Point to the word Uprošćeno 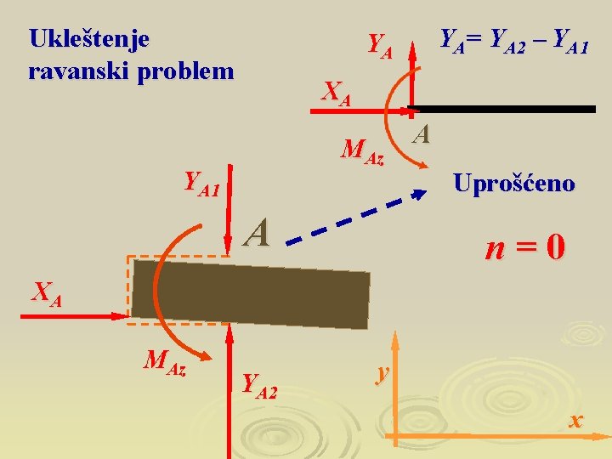[x=513, y=183]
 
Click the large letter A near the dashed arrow [x=257, y=231]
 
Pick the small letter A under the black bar [x=422, y=133]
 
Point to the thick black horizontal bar [x=501, y=109]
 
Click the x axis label [x=576, y=420]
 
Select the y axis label [x=383, y=372]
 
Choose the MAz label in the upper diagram [x=362, y=151]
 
